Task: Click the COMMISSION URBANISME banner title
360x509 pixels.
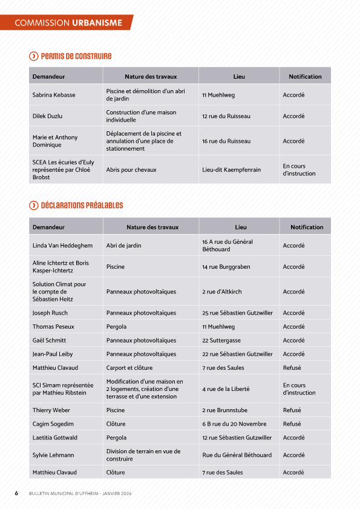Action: click(x=68, y=23)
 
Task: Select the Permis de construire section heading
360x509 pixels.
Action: click(x=76, y=56)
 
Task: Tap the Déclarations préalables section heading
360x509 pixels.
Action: click(x=82, y=206)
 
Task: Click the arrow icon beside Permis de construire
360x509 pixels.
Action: click(x=34, y=56)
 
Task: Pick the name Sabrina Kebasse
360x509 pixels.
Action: click(x=54, y=95)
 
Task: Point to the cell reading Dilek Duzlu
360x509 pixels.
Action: click(x=47, y=116)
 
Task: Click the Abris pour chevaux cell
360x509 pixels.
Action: click(x=131, y=170)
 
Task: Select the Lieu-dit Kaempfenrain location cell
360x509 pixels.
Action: click(x=231, y=170)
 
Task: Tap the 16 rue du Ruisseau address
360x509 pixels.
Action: click(x=226, y=141)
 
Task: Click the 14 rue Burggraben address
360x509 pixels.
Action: click(x=226, y=267)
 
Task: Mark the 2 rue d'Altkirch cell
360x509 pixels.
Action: click(x=221, y=292)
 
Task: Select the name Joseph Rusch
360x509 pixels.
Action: click(x=50, y=313)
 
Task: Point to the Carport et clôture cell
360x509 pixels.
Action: click(x=129, y=367)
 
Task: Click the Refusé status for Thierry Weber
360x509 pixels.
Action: click(x=292, y=410)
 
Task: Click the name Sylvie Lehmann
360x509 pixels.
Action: click(x=53, y=455)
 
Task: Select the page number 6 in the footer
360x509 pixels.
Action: click(x=16, y=493)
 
